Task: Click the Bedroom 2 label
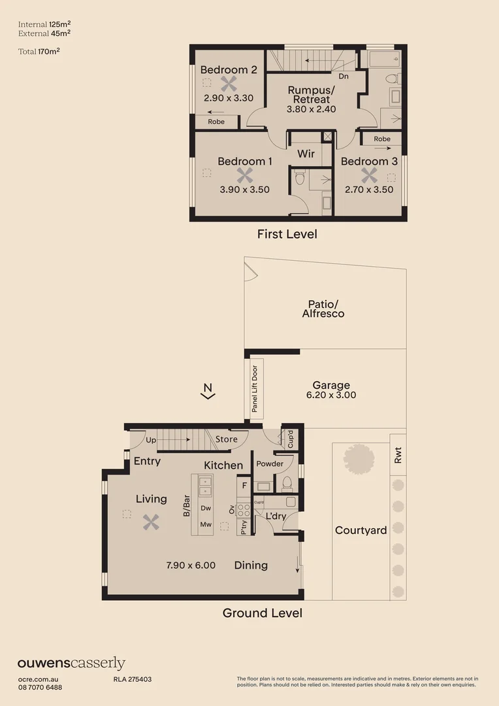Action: (228, 70)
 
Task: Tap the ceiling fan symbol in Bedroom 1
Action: (244, 175)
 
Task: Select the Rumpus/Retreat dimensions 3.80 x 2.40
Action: (311, 109)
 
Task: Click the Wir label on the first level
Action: (306, 154)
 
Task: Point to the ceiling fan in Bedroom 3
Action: (369, 175)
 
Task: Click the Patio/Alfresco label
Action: (323, 309)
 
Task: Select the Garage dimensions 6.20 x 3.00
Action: (331, 395)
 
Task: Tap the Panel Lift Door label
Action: (255, 390)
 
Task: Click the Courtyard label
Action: (361, 530)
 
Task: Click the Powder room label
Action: (270, 464)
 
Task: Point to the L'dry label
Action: (276, 516)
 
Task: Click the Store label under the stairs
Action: (227, 439)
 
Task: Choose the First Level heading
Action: (287, 234)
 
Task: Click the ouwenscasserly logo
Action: (71, 663)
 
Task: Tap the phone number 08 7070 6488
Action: (40, 687)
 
